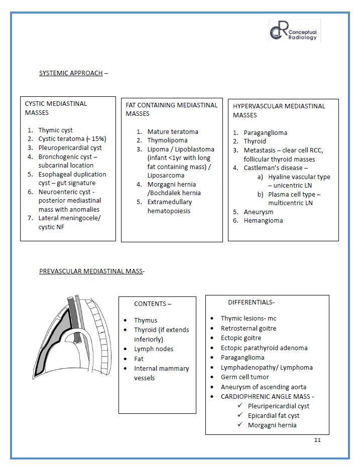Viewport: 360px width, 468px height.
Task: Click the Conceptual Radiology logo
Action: (x=294, y=31)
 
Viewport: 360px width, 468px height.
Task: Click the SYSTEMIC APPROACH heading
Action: (x=71, y=73)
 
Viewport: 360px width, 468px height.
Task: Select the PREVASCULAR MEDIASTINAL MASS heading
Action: (x=91, y=271)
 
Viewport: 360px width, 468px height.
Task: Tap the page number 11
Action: (x=317, y=440)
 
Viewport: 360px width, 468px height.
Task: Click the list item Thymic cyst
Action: (x=56, y=130)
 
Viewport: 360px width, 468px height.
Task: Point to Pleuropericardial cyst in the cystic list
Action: (x=70, y=147)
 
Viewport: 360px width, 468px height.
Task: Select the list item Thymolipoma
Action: (x=167, y=140)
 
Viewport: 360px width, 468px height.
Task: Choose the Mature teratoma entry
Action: (x=173, y=131)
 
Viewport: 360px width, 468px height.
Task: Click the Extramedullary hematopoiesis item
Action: (x=170, y=206)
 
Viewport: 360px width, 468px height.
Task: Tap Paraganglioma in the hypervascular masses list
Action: (x=266, y=132)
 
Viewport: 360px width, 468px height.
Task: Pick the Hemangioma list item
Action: (x=263, y=220)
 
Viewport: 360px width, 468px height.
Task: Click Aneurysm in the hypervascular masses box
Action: (x=259, y=212)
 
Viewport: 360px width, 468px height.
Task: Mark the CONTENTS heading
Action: (x=152, y=303)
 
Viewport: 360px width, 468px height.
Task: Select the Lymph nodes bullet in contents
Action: (x=154, y=349)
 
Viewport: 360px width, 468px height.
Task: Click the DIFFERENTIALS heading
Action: (x=251, y=302)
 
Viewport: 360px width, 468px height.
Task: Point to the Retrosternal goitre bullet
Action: (x=249, y=328)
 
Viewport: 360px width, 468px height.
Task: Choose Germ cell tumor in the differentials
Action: (x=245, y=377)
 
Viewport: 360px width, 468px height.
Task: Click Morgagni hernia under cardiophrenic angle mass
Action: (x=272, y=425)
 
